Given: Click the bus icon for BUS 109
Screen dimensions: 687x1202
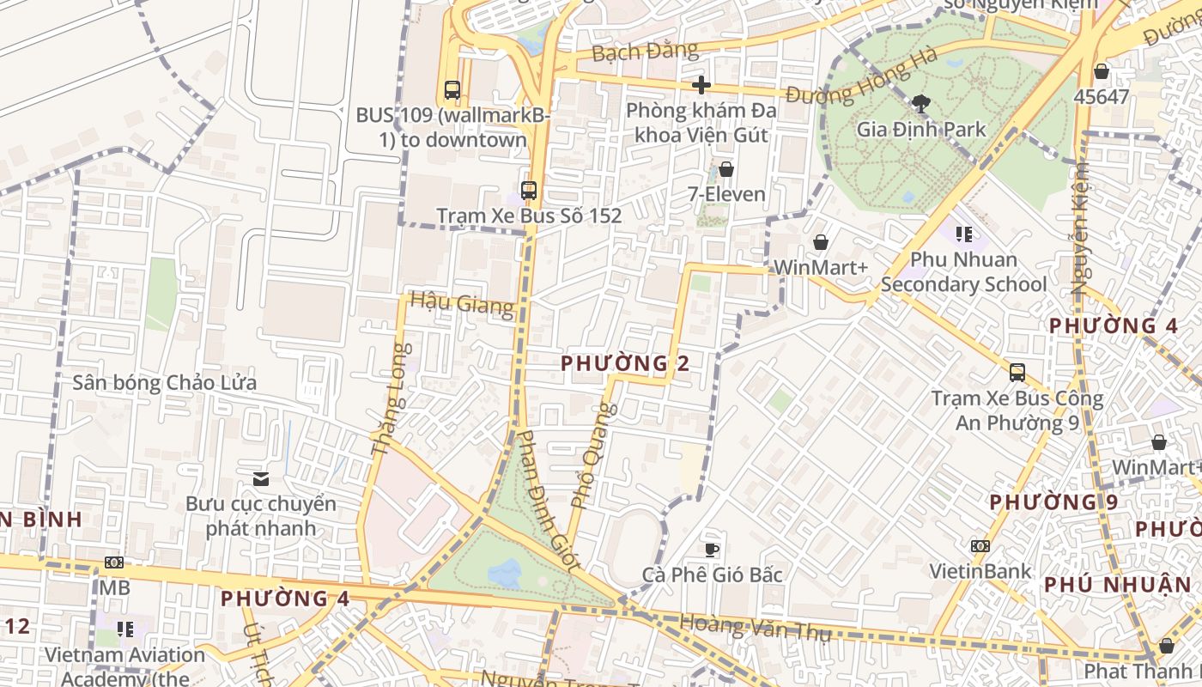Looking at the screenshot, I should pyautogui.click(x=452, y=89).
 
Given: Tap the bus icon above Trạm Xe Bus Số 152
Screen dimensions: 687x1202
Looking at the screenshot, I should pyautogui.click(x=529, y=191).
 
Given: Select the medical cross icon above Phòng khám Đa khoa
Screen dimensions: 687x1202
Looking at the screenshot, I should pyautogui.click(x=701, y=85).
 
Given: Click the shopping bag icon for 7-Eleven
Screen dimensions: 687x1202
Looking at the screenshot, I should pyautogui.click(x=726, y=169).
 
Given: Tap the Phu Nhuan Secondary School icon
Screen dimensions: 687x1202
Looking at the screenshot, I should pyautogui.click(x=963, y=234).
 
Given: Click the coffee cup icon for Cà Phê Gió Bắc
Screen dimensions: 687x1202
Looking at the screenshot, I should pyautogui.click(x=711, y=550).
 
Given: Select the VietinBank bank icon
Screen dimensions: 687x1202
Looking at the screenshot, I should pyautogui.click(x=980, y=546).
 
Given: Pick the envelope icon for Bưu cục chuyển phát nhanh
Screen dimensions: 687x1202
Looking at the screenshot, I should pyautogui.click(x=260, y=478).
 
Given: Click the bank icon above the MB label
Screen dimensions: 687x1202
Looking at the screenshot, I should pyautogui.click(x=113, y=562).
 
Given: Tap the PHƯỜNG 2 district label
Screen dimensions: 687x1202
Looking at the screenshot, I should pyautogui.click(x=625, y=363).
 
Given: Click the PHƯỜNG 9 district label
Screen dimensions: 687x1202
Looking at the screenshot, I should pyautogui.click(x=1053, y=502).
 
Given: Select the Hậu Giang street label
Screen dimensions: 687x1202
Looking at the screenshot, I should pyautogui.click(x=462, y=303).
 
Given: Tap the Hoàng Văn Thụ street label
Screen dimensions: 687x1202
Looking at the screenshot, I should pyautogui.click(x=756, y=628).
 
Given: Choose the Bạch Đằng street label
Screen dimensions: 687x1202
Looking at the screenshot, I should pyautogui.click(x=646, y=52).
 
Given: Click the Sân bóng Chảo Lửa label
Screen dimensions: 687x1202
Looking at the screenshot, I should pyautogui.click(x=164, y=383).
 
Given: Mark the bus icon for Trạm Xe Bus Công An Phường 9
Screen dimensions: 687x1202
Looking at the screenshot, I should pyautogui.click(x=1017, y=373).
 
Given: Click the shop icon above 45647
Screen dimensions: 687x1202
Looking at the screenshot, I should pyautogui.click(x=1102, y=71).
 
